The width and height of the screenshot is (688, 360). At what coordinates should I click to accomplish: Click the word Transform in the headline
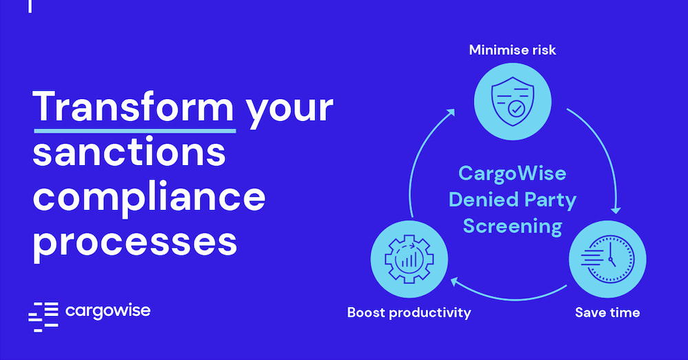[133, 107]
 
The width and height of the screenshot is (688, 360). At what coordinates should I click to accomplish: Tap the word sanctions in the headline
[129, 152]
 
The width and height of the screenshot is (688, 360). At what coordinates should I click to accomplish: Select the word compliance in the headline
[149, 198]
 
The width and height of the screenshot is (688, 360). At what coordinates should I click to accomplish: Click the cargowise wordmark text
[108, 310]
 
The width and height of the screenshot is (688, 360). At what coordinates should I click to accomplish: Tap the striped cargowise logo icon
[43, 316]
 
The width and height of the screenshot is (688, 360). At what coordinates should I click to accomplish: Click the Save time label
[607, 313]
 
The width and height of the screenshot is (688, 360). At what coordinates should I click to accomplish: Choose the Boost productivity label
[409, 313]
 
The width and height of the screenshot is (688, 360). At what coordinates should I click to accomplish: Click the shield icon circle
[512, 97]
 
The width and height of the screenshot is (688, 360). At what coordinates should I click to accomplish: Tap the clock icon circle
[607, 259]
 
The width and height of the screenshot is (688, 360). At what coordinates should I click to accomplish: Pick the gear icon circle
[409, 259]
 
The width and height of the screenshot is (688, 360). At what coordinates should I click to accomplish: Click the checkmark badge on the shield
[517, 108]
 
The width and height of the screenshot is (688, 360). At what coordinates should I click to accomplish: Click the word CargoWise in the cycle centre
[512, 173]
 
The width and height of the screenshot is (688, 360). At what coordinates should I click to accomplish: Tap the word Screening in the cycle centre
[512, 226]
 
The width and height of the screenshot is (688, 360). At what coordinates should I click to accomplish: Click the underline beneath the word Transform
[133, 128]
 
